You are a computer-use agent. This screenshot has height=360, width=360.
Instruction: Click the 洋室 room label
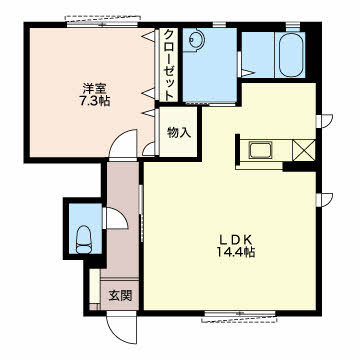point(94,88)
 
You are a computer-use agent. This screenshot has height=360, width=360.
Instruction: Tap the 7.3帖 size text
point(94,100)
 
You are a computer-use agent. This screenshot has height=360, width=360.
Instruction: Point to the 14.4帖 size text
point(236,252)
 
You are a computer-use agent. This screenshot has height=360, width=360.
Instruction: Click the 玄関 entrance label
point(120,295)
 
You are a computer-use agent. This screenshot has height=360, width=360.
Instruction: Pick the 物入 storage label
point(179,133)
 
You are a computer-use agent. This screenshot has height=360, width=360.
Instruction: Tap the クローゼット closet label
point(169,64)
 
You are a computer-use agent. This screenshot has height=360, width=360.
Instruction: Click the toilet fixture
point(85,239)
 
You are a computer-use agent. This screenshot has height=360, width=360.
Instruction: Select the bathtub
point(291,55)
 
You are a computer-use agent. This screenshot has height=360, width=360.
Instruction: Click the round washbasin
point(196,39)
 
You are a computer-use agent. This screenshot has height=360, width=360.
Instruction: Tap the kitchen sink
point(260,150)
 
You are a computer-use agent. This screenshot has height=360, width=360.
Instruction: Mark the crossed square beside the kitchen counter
point(304,150)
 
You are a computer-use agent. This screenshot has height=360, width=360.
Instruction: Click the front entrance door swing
point(121,329)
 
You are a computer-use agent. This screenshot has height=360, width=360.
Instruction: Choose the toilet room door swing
point(115,218)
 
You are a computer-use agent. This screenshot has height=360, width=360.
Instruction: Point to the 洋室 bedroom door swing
point(123,144)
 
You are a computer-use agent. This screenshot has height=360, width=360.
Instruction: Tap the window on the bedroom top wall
point(102,22)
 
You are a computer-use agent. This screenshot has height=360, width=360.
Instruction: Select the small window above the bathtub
point(293,24)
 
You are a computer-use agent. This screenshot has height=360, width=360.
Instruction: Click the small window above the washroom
point(219,24)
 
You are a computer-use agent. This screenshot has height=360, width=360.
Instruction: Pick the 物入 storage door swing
point(149,148)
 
